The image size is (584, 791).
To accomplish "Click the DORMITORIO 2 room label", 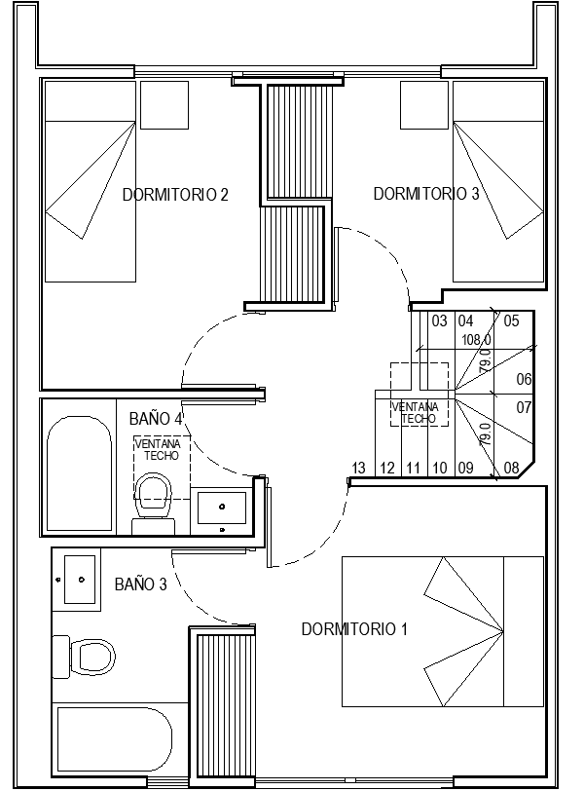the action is tap(175, 194).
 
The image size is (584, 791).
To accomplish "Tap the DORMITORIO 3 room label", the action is tap(426, 193).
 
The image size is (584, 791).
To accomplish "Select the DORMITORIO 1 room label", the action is tap(354, 629).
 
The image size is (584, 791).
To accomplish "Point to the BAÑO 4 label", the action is tap(156, 418).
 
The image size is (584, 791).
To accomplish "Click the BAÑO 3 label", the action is tap(140, 584).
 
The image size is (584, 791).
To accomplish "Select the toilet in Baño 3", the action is tap(84, 657).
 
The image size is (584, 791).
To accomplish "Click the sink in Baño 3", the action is tap(80, 580).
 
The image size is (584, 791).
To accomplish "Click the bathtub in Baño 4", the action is tap(79, 473).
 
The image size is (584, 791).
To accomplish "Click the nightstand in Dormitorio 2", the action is tap(164, 105).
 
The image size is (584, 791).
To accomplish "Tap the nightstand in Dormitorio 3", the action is tap(424, 105).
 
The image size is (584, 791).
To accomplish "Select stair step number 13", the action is tap(358, 468).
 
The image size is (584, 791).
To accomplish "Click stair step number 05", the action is tap(511, 320).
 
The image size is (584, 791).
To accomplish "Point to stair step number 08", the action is tap(511, 468).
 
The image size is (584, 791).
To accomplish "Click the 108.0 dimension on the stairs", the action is tap(476, 340).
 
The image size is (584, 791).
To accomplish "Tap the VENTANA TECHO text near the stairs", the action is tap(416, 413).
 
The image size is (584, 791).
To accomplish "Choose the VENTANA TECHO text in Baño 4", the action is tap(159, 450).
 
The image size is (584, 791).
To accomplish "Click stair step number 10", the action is tap(439, 468).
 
